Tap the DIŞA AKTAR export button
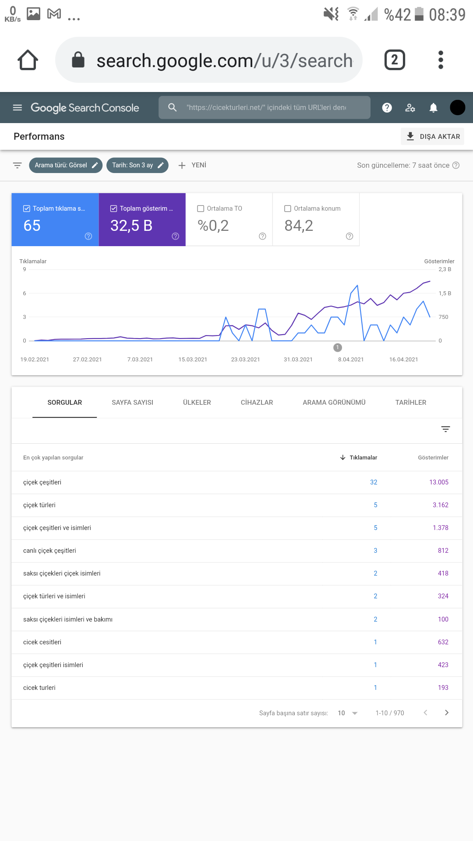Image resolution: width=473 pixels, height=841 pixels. pos(432,136)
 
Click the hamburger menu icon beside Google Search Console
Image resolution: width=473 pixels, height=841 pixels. pos(18,108)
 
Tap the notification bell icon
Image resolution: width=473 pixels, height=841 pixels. pos(433,108)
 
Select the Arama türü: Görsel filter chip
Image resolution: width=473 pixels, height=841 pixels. pos(66,165)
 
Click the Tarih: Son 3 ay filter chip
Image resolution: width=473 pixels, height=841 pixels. pos(138,165)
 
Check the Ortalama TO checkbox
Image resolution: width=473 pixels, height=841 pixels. pos(201,208)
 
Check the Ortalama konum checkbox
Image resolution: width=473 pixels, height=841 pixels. pos(288,208)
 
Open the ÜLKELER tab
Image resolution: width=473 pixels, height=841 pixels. pos(197,403)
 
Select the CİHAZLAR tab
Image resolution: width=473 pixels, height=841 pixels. pos(257,403)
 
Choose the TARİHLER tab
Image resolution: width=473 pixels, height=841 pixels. pos(411,403)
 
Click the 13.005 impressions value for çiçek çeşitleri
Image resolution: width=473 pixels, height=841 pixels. pos(439,482)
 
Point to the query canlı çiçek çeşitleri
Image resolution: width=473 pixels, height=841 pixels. pos(49,551)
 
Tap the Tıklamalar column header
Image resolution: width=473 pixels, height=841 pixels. pos(359,458)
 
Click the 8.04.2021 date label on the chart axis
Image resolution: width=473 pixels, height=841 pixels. pos(351,360)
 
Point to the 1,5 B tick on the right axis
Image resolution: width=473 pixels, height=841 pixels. pos(445,293)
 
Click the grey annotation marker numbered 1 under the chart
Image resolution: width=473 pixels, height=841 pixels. pos(338,347)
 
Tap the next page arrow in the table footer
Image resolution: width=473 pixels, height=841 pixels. pos(447,713)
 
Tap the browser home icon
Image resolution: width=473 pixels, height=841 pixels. pos(28,60)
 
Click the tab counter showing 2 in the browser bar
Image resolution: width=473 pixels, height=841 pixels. pos(395,60)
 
